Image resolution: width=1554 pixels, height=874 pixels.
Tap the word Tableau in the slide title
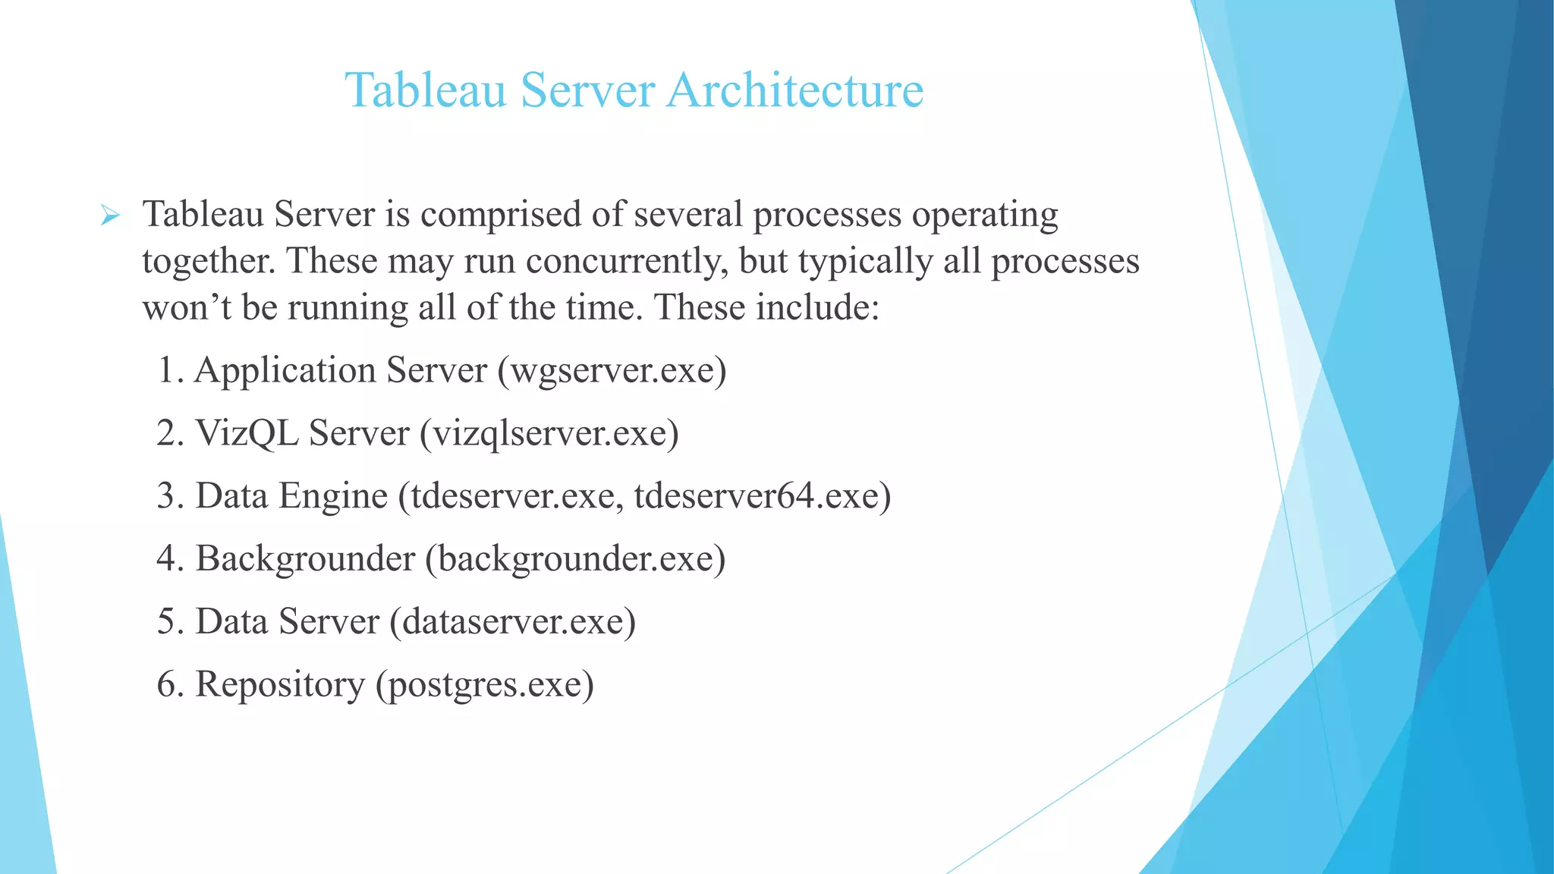[426, 90]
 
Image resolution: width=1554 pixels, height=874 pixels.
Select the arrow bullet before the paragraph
[110, 217]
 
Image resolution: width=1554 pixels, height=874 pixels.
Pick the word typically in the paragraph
[865, 262]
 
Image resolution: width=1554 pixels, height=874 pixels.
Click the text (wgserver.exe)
[612, 371]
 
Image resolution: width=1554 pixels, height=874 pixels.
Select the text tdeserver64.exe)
[763, 496]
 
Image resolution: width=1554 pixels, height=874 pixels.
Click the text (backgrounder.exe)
[575, 559]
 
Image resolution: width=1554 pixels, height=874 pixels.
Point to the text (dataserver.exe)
[513, 622]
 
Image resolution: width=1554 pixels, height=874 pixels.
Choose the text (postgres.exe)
[485, 685]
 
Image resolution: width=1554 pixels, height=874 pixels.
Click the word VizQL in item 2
[247, 434]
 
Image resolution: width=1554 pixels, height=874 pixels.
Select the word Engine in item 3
[333, 496]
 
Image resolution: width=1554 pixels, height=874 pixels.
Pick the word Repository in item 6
[280, 685]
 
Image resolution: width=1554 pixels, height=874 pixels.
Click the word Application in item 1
[285, 371]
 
